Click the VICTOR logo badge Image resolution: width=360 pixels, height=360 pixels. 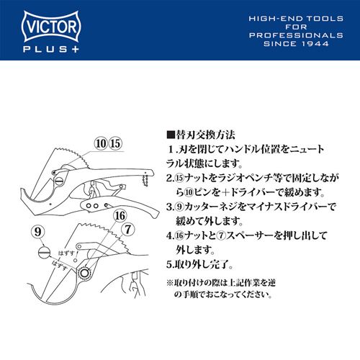coord(51,26)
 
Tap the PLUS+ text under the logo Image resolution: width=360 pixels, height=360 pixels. coord(51,49)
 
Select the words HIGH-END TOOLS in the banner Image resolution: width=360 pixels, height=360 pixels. coord(296,19)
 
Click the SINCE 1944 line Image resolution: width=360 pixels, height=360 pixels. coord(296,44)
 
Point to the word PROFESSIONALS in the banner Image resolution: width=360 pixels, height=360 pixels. coord(296,35)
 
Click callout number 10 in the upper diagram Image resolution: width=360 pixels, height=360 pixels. coord(101,143)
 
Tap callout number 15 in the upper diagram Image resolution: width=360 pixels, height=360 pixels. coord(115,143)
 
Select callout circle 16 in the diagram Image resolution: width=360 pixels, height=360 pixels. coord(120,215)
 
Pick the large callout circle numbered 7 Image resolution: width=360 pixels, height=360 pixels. coord(128,230)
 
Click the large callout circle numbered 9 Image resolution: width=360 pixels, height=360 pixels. coord(38,232)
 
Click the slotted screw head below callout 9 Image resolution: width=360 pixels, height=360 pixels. coord(44,252)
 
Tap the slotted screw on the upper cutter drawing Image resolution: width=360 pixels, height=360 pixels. coord(59,181)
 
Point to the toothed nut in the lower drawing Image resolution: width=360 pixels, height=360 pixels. coord(84,273)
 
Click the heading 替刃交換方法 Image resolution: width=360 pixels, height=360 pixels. coord(205,135)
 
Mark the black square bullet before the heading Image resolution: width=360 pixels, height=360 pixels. coord(171,135)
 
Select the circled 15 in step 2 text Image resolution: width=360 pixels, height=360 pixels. coord(179,178)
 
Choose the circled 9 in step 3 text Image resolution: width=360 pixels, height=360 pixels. coord(179,207)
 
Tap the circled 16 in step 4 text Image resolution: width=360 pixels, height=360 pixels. coord(179,235)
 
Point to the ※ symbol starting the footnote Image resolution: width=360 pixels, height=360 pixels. coord(170,283)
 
